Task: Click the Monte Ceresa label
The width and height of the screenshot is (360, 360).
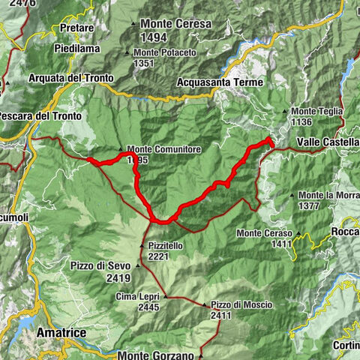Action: pyautogui.click(x=175, y=24)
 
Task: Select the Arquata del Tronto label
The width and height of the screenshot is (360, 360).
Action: pyautogui.click(x=70, y=78)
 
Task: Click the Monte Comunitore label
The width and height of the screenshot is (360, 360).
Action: pyautogui.click(x=163, y=149)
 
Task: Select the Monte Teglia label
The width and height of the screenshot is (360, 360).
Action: pyautogui.click(x=317, y=111)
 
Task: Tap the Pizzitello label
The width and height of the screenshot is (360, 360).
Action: pyautogui.click(x=166, y=245)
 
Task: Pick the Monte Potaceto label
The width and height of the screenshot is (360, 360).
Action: pyautogui.click(x=165, y=52)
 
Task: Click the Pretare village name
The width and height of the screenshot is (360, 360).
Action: pyautogui.click(x=77, y=28)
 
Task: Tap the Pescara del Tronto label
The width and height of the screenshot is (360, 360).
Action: pyautogui.click(x=40, y=115)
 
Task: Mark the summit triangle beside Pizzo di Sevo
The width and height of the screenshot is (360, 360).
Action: pyautogui.click(x=137, y=265)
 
